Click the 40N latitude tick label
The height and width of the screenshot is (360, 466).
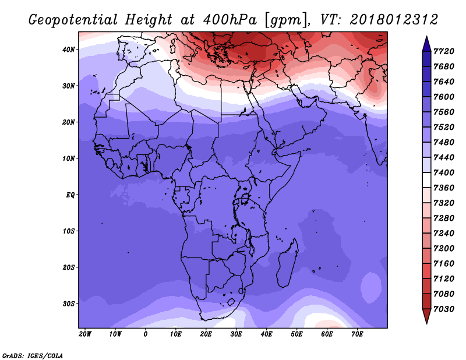[69, 50]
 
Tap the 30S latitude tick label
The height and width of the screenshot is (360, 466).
[69, 303]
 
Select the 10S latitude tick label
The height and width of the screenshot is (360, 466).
[69, 231]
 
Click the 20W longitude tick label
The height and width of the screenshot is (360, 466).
[84, 334]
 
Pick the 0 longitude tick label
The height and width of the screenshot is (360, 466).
[146, 334]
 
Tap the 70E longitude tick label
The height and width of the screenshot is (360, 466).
[358, 334]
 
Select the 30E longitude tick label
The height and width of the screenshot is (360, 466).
[236, 334]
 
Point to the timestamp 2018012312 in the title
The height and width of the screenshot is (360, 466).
[394, 20]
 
